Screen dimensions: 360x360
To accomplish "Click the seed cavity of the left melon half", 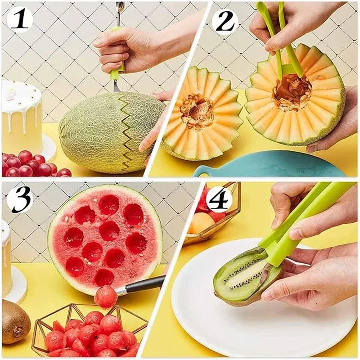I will (197, 111).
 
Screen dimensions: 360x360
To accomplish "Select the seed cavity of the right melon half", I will (292, 92).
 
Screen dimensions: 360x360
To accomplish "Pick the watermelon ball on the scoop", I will (105, 297).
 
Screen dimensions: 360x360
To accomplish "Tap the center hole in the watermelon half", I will (108, 230).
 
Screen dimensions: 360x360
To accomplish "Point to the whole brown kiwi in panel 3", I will (14, 321).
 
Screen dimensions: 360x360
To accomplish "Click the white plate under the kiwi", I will (252, 324).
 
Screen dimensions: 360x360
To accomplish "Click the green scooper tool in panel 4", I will (297, 220).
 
